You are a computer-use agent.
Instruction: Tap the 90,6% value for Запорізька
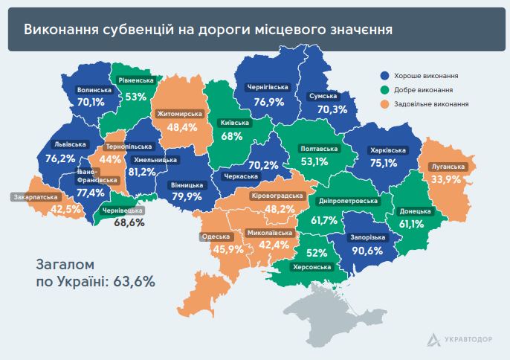pos(367,251)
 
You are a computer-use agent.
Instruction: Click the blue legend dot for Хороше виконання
pos(384,76)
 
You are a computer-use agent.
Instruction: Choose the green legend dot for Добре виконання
pos(384,90)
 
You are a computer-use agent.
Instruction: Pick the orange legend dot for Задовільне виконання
pos(384,104)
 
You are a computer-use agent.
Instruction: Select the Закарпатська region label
pos(36,197)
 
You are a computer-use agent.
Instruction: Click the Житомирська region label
pos(181,114)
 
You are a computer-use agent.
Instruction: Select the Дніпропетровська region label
pos(349,201)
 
